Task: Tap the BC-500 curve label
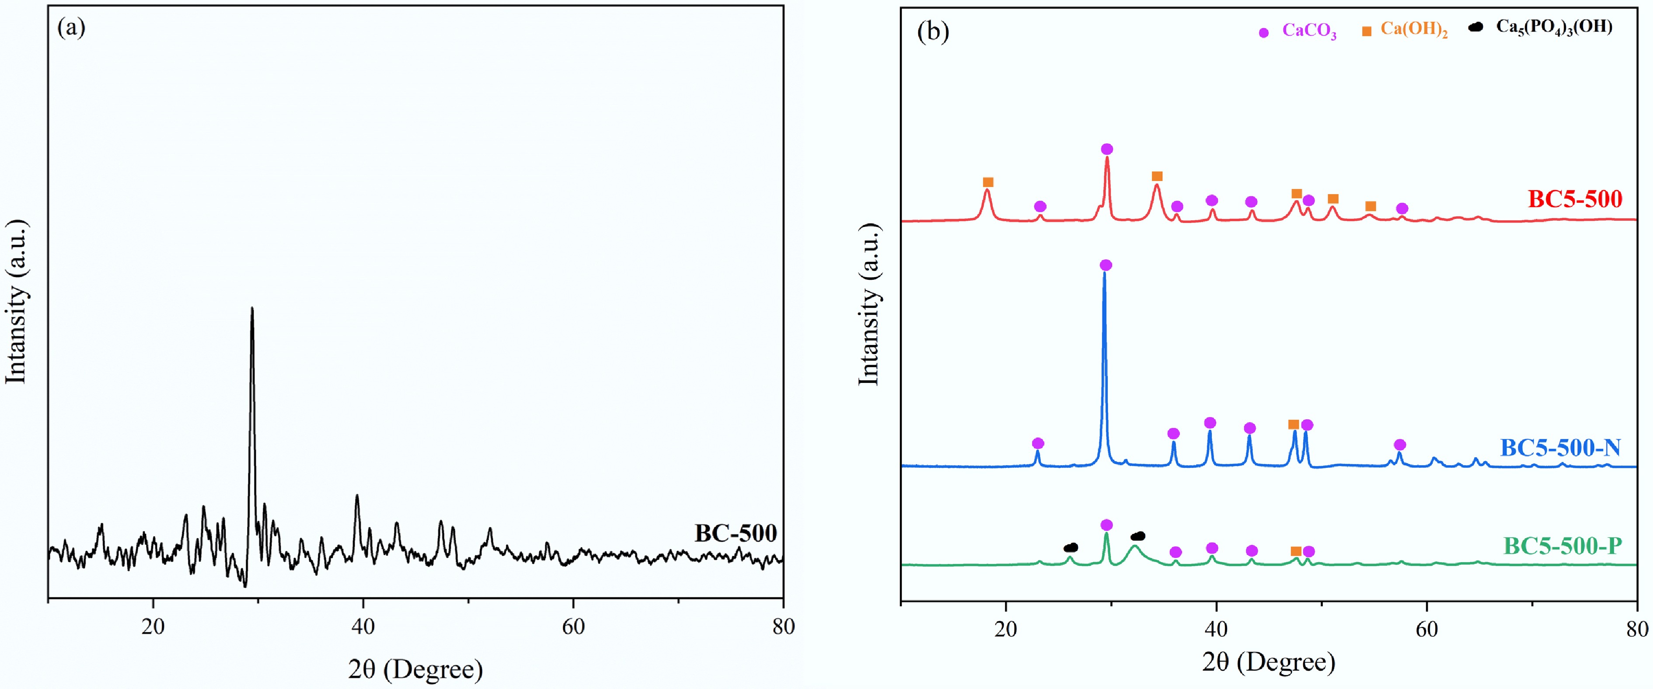(x=736, y=533)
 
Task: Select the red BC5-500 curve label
(x=1575, y=199)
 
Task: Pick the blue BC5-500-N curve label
(x=1560, y=447)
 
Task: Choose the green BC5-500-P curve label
(x=1562, y=546)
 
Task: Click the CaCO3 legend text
(x=1309, y=31)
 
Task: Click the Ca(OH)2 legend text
(x=1414, y=30)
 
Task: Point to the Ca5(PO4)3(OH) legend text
(x=1554, y=28)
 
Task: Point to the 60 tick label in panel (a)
(x=573, y=627)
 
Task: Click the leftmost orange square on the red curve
(x=988, y=182)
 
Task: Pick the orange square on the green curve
(x=1296, y=552)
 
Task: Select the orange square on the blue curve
(x=1294, y=425)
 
